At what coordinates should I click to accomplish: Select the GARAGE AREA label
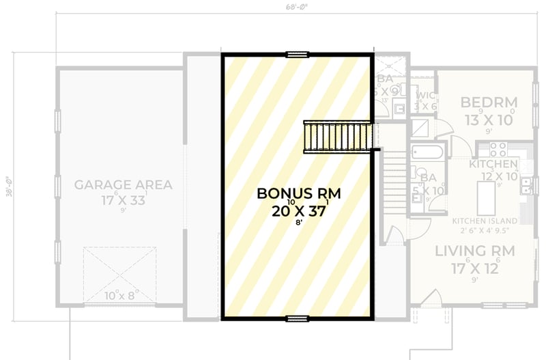point(123,184)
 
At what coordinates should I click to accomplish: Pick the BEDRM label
point(489,102)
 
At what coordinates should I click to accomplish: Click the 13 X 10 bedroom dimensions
point(489,119)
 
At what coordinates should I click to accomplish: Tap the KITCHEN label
point(493,165)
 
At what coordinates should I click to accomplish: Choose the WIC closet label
point(425,96)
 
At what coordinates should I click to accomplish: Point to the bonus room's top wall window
point(298,53)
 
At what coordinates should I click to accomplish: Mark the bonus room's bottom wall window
point(298,318)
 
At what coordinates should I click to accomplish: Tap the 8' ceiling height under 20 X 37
point(298,223)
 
